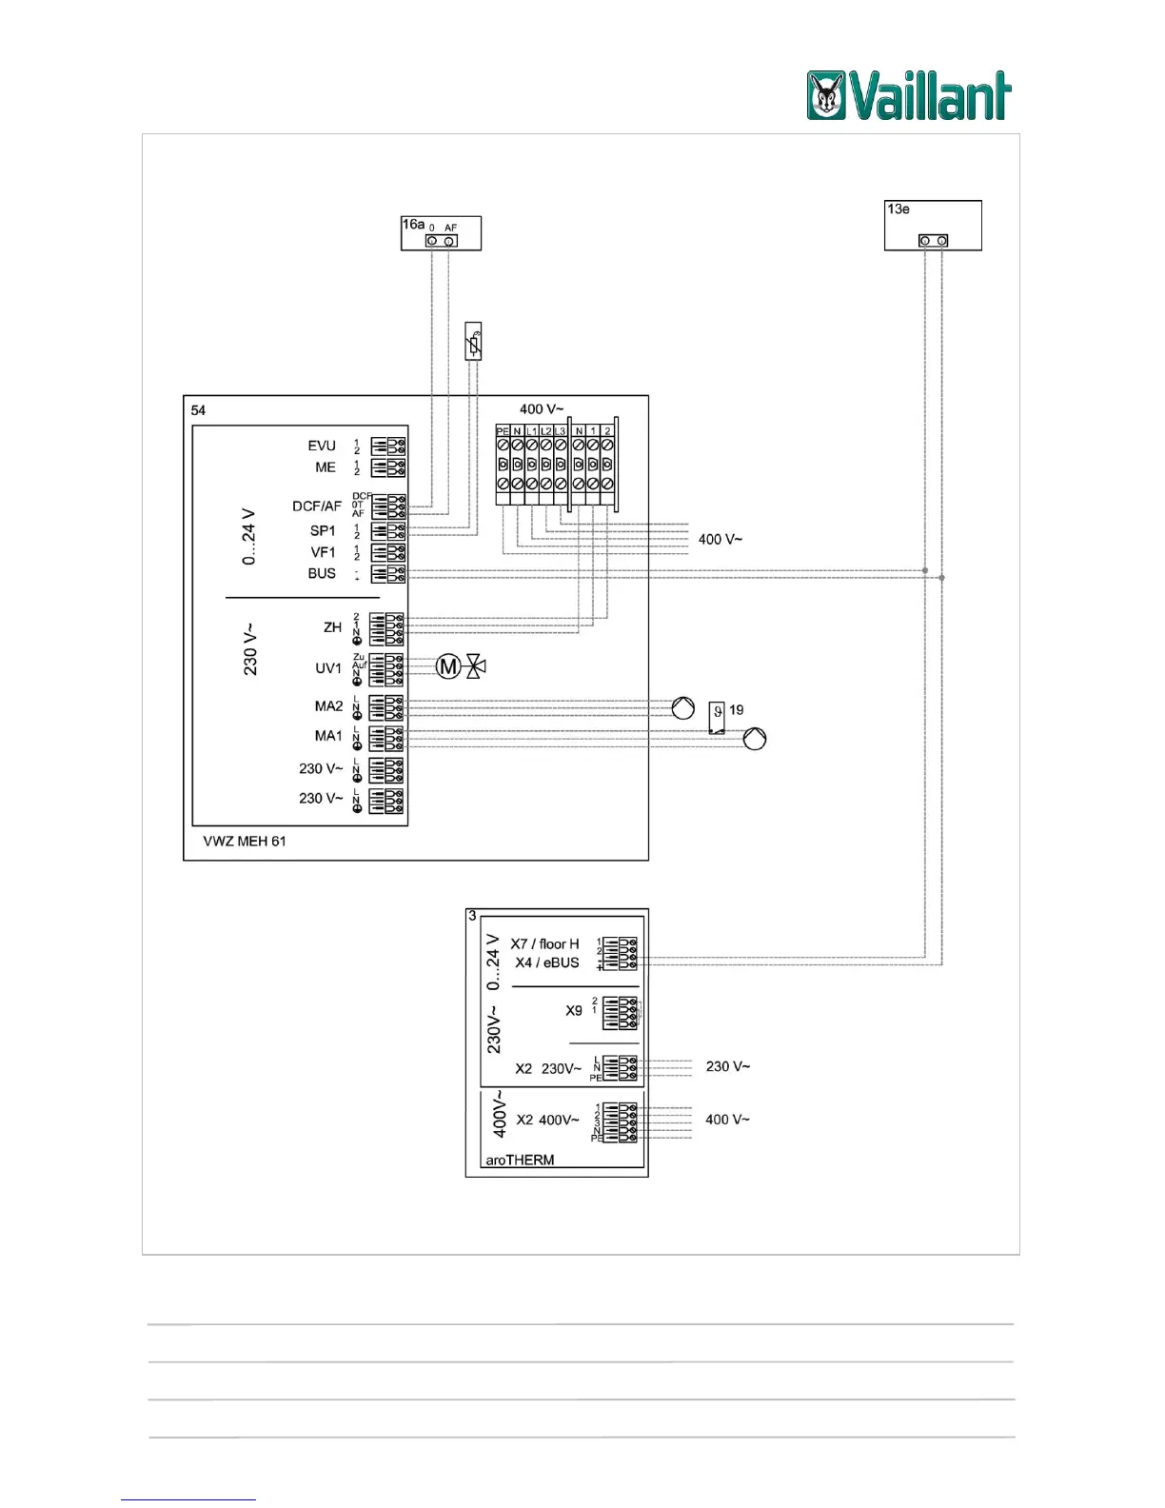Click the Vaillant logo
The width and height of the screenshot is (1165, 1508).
point(909,95)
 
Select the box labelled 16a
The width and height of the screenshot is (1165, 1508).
point(441,233)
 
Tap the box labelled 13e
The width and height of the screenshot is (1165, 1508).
point(932,226)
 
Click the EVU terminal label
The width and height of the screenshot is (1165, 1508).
point(322,446)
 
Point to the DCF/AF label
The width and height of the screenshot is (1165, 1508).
point(316,506)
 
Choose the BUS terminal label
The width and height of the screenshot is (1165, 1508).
point(322,573)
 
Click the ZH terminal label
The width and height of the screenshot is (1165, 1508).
point(332,627)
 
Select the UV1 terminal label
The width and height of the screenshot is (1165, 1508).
point(328,668)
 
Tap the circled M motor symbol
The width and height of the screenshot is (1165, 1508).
point(448,666)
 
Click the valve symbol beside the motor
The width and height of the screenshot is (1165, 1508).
point(476,666)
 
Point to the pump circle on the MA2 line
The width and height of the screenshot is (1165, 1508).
point(683,708)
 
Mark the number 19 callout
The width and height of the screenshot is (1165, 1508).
point(736,710)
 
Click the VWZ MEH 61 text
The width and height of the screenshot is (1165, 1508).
point(245,842)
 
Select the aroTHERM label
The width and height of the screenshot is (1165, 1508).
point(520,1161)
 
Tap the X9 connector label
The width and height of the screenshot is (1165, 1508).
point(574,1011)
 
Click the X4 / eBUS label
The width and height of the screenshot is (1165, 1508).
point(547,962)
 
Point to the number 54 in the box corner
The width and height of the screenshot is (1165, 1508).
point(198,410)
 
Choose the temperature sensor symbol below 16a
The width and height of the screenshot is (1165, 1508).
point(473,341)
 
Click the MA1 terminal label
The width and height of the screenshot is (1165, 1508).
point(328,736)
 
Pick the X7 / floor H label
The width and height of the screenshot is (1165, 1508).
point(544,944)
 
